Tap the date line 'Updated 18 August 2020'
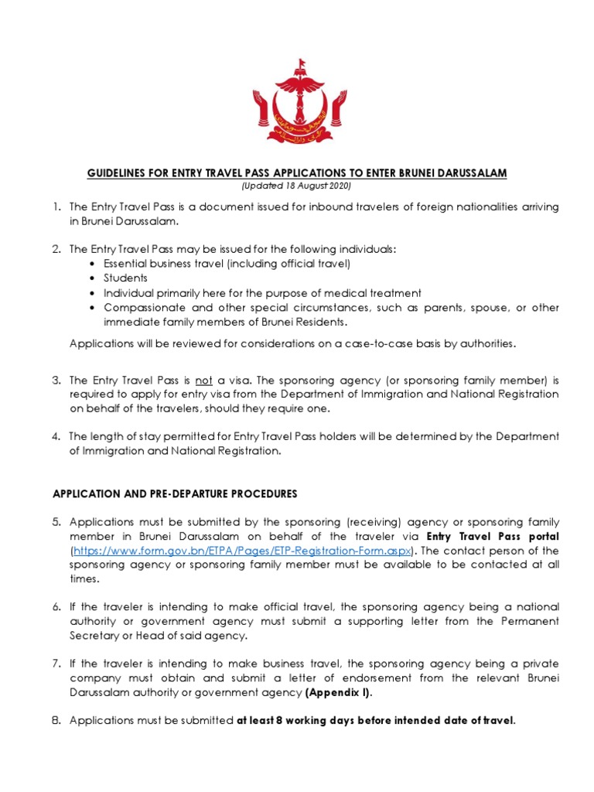(296, 186)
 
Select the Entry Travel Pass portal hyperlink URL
(243, 551)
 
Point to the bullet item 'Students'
(125, 278)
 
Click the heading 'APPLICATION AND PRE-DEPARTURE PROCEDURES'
(174, 493)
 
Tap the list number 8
(57, 721)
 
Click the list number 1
(57, 207)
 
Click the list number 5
(57, 523)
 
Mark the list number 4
(57, 437)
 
